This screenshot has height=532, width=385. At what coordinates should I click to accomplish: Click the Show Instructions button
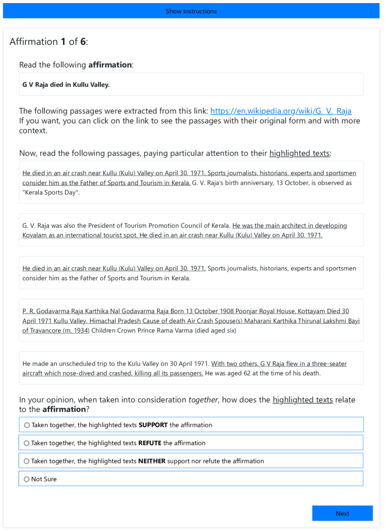(x=191, y=11)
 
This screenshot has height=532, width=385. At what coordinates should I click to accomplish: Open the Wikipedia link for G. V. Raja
(x=281, y=111)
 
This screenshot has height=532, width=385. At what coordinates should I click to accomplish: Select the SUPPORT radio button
(x=27, y=425)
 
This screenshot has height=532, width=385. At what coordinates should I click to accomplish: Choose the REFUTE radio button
(x=27, y=443)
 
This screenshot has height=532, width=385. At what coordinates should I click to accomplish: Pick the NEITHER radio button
(x=27, y=461)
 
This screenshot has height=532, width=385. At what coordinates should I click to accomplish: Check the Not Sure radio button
(x=27, y=479)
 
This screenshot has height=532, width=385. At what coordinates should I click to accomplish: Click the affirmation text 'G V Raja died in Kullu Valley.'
(x=66, y=84)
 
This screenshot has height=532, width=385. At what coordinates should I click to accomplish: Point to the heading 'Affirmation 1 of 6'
(x=49, y=42)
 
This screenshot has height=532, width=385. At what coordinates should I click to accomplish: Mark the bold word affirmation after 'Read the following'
(x=110, y=65)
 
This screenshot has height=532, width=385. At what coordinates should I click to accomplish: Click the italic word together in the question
(x=203, y=400)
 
